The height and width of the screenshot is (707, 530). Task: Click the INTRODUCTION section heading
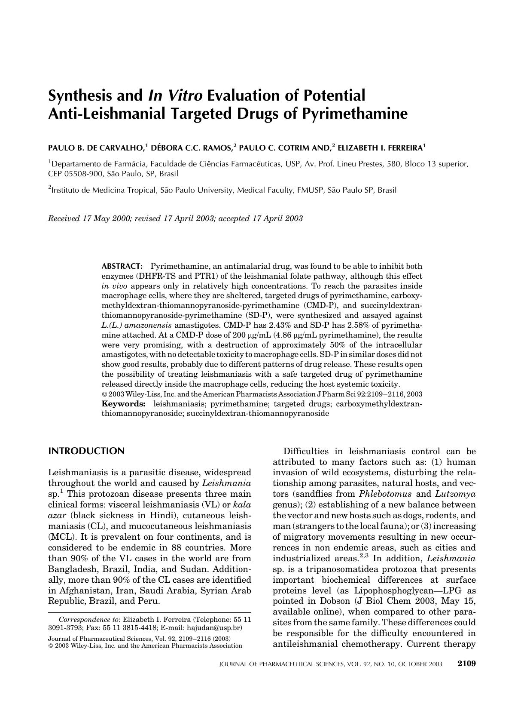86,451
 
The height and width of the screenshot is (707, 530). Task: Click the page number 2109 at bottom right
466,664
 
